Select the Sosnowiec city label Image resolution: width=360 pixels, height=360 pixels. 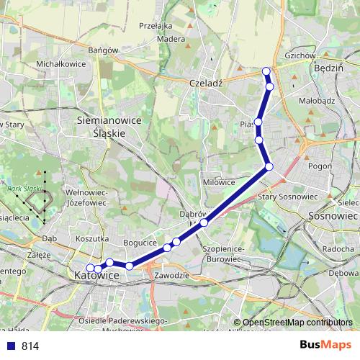coord(332,215)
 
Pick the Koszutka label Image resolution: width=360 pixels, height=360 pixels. coord(91,238)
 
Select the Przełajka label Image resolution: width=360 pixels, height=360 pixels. coord(176,23)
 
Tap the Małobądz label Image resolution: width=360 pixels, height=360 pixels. coord(316,102)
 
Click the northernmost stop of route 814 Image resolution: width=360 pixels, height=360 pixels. coord(266,71)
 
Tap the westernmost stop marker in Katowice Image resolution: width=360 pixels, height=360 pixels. coord(90,269)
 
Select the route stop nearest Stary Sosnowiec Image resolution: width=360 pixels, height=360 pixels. coord(269,167)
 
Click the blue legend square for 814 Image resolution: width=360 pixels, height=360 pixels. coord(9,346)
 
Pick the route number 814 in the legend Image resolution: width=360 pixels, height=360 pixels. coord(30,346)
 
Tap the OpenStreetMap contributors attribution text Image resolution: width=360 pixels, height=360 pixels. coord(297,323)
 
